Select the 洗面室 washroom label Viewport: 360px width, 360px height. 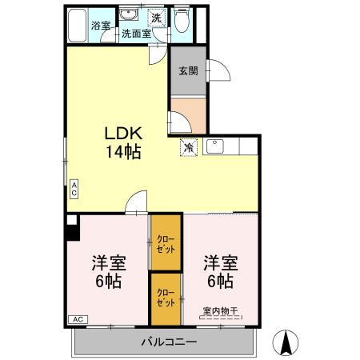[x=136, y=34]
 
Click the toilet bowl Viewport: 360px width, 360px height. [x=182, y=19]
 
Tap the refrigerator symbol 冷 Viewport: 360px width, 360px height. [x=189, y=147]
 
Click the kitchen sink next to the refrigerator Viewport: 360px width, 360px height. [x=217, y=146]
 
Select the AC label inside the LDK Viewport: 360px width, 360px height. [x=74, y=189]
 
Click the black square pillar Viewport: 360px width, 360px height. [x=72, y=227]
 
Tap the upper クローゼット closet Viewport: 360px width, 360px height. [x=166, y=243]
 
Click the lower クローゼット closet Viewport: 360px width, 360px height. [x=166, y=298]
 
